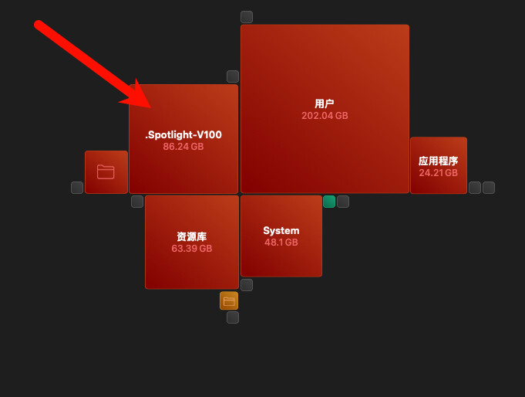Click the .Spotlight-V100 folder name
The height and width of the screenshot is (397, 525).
point(183,135)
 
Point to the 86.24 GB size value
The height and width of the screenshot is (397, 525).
point(183,147)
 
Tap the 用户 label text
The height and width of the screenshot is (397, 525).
point(325,103)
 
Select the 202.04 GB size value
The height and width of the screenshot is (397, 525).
point(325,116)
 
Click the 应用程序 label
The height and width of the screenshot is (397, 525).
point(439,161)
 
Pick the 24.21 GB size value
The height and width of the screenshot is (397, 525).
point(439,173)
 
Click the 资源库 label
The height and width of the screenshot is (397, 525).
point(192,236)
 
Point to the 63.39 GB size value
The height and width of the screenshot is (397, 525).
point(192,249)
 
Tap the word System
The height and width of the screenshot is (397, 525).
point(281,230)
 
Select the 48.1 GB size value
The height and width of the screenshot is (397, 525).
point(281,243)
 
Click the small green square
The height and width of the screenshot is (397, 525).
point(329,202)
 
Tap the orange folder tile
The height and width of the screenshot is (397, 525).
point(229,300)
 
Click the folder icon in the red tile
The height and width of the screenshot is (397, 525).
point(106,171)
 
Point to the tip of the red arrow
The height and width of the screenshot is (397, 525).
point(151,107)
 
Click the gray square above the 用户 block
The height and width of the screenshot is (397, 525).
point(247,17)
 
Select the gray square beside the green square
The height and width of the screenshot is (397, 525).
point(343,202)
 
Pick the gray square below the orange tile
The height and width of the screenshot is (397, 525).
point(233,317)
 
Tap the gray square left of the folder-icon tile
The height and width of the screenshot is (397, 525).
point(77,188)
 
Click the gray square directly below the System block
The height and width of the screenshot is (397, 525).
point(247,285)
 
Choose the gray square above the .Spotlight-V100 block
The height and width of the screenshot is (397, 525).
point(233,76)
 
